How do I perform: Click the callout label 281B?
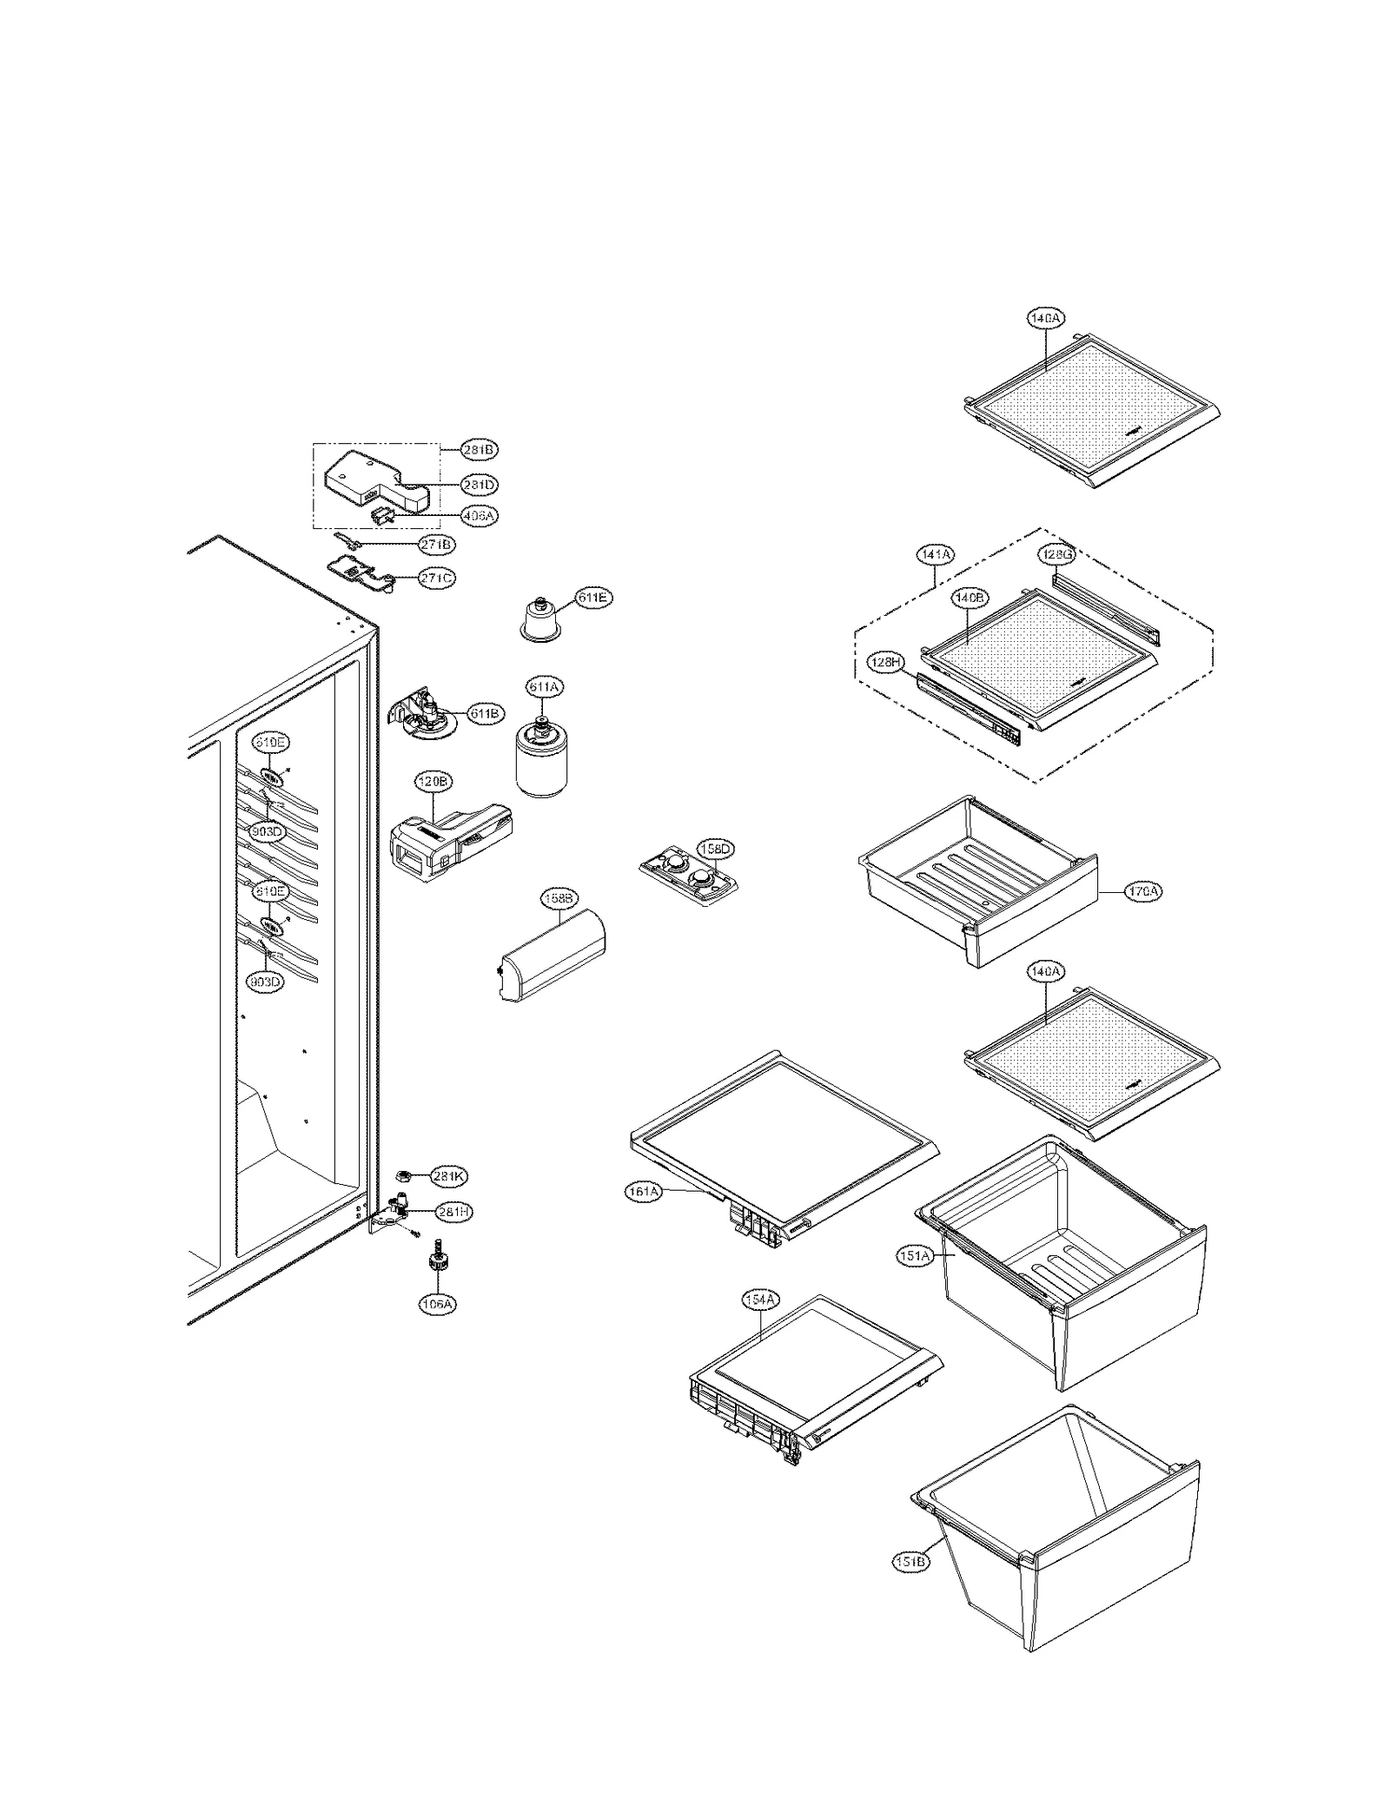pos(480,450)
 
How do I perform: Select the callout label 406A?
pos(480,515)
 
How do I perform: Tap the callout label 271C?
pos(436,578)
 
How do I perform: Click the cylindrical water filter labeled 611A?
pos(541,760)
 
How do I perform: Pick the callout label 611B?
pos(485,714)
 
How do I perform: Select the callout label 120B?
pos(433,782)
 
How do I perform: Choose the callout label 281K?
pos(449,1177)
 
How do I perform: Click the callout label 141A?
pos(935,553)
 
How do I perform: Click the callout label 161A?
pos(644,1193)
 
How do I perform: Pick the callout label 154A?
pos(761,1325)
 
